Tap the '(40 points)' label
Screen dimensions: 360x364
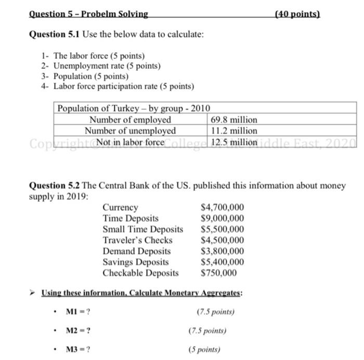tap(297, 14)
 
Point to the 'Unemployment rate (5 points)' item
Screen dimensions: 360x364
tap(107, 66)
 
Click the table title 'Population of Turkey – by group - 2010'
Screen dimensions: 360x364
tap(133, 109)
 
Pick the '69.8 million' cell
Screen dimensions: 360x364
tap(235, 120)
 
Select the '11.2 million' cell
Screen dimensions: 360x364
tap(235, 131)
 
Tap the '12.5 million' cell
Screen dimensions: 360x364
tap(235, 142)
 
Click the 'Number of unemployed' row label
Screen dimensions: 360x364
tap(130, 131)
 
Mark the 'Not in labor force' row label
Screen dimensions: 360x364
tap(130, 142)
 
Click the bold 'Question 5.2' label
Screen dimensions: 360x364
tap(54, 186)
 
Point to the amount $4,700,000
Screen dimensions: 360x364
tap(222, 208)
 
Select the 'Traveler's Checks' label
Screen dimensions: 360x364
tap(137, 240)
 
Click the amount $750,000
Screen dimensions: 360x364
tap(218, 273)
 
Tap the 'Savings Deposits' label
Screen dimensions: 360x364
tap(135, 262)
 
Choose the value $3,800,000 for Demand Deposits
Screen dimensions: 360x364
tap(222, 251)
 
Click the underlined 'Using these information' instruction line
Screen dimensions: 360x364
tap(141, 293)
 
